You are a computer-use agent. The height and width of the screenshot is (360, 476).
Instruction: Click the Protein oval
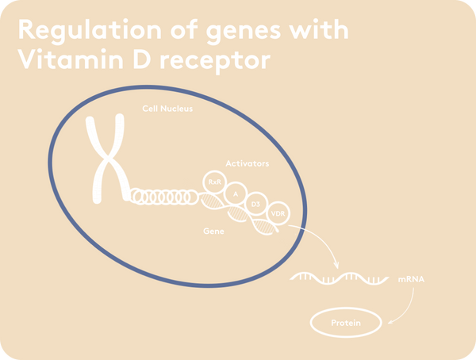click(x=346, y=308)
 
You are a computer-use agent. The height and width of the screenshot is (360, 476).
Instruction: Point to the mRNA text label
click(x=411, y=279)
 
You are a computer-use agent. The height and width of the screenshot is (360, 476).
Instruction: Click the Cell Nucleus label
click(x=167, y=109)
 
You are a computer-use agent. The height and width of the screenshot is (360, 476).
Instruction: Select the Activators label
click(x=247, y=163)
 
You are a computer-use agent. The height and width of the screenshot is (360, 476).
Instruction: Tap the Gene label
click(x=213, y=232)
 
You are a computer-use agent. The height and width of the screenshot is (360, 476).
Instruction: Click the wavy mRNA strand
click(x=339, y=278)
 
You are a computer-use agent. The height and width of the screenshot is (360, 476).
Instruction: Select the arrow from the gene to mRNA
click(x=322, y=238)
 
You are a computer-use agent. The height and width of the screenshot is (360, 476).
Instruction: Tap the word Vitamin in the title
click(x=70, y=59)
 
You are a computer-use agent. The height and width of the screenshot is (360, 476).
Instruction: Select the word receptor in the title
click(x=215, y=62)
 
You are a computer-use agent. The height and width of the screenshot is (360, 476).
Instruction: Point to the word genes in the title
click(x=244, y=33)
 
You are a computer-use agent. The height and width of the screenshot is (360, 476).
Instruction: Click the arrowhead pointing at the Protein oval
click(x=390, y=321)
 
